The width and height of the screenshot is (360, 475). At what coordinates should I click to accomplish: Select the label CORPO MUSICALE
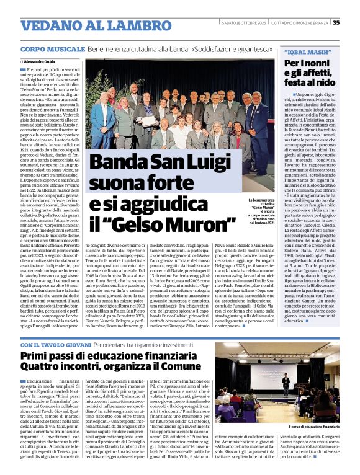[x=53, y=49]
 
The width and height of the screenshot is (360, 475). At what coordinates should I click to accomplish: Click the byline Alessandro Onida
[x=40, y=62]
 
